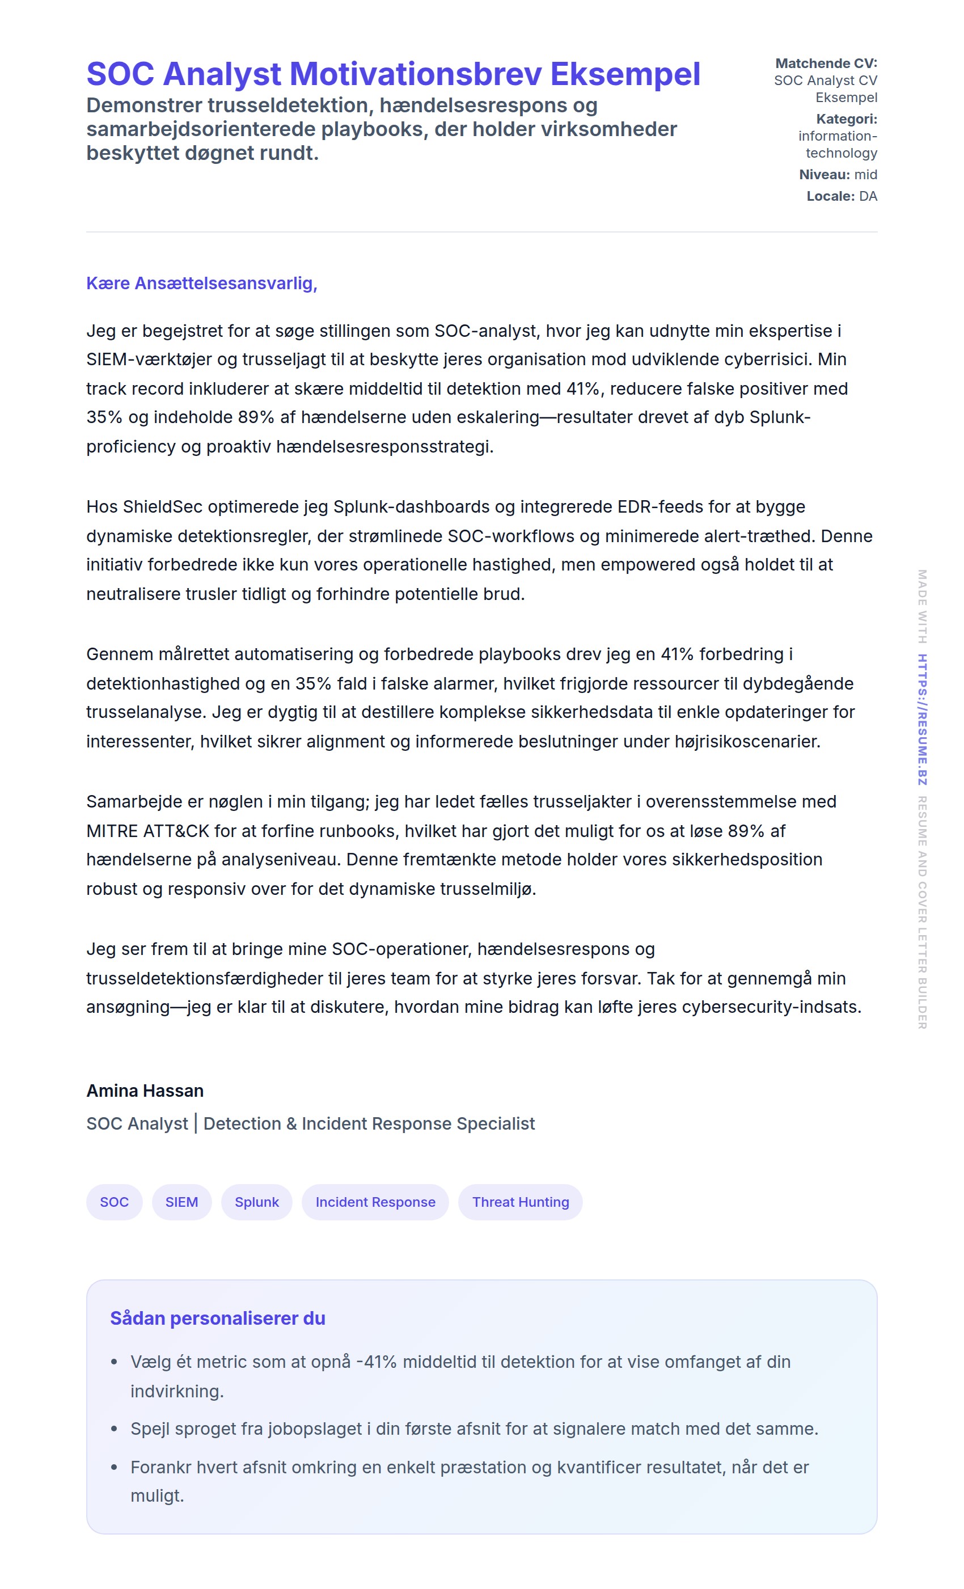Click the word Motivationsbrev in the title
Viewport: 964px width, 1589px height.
coord(415,74)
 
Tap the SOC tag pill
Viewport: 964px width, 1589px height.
coord(114,1202)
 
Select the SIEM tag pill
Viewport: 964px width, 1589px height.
coord(181,1202)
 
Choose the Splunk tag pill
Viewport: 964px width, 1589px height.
coord(257,1202)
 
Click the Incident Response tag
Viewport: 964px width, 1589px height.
coord(375,1202)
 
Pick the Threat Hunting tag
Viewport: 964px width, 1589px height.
coord(520,1202)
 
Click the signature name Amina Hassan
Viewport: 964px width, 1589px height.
coord(145,1091)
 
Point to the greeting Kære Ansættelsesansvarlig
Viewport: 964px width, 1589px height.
coord(201,283)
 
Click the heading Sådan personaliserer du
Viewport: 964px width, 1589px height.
coord(217,1318)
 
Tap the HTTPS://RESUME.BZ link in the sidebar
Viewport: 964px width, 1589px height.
coord(921,719)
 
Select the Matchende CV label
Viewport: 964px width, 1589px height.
coord(826,63)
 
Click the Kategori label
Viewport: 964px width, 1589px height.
coord(846,119)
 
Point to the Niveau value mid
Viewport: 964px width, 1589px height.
coord(865,174)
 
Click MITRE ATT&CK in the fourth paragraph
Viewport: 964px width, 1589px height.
coord(147,831)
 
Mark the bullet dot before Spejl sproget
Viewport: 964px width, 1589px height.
coord(114,1429)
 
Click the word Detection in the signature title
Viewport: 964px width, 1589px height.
coord(242,1123)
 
